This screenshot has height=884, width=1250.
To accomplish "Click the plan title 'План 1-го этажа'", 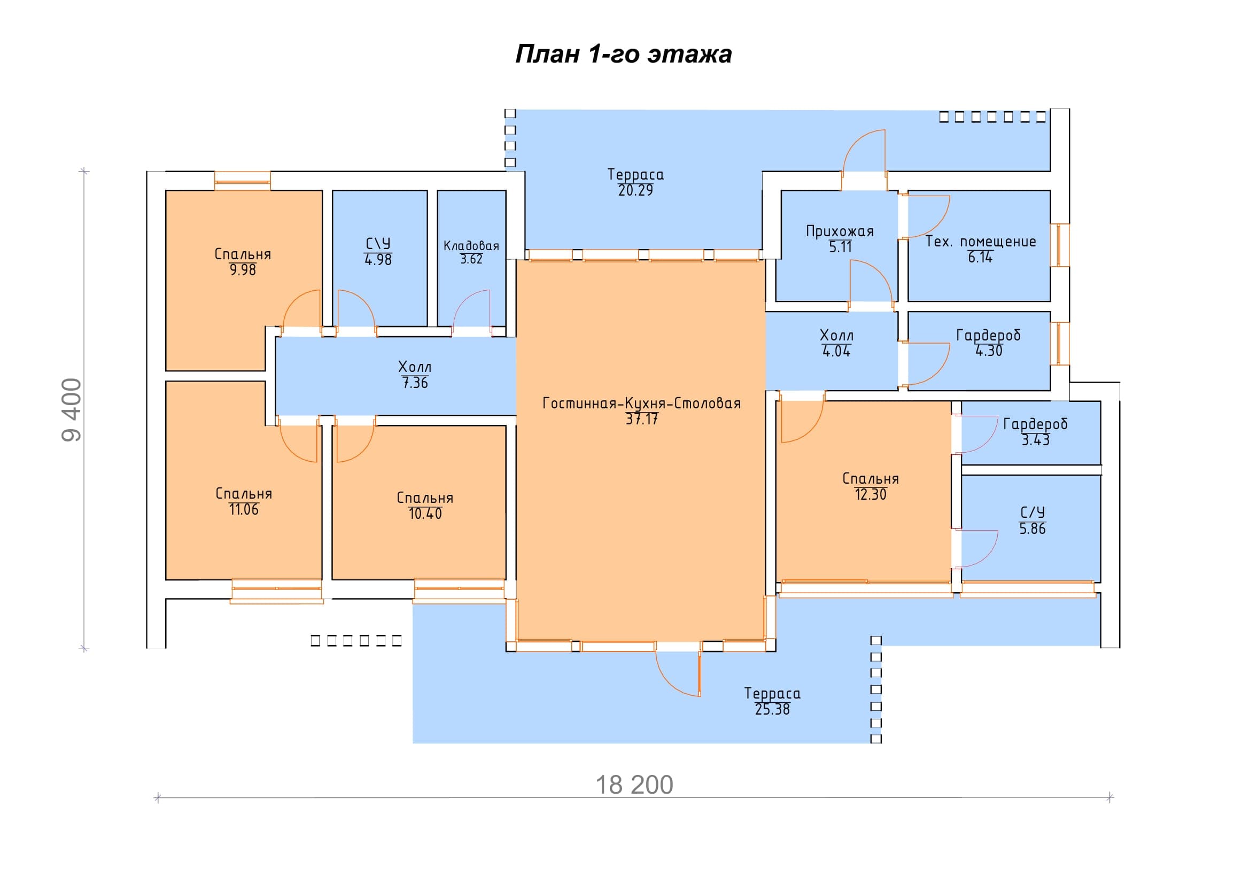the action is (623, 55).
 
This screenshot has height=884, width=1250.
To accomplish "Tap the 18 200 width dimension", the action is (634, 785).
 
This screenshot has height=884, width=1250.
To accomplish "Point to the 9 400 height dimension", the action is (72, 410).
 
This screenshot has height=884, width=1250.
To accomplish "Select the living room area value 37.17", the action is (642, 419).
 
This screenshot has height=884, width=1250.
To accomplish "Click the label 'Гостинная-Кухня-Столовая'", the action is (642, 404).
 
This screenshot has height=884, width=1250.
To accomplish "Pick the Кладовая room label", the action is (471, 246).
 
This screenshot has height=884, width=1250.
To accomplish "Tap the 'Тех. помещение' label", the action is (981, 242).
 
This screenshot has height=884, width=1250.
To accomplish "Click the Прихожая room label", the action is (840, 232).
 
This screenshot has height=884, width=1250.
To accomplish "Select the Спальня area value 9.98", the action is (243, 270).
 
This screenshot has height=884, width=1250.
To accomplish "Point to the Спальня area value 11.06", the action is (244, 509).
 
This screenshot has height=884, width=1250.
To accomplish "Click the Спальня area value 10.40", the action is (425, 514).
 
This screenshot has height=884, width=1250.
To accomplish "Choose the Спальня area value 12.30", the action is (871, 495).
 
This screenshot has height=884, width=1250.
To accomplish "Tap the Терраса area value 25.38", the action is (772, 710).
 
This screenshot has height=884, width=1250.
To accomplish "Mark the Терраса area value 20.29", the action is (635, 190).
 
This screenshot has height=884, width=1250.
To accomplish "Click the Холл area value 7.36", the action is (415, 383).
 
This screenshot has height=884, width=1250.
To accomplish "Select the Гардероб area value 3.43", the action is (1036, 440).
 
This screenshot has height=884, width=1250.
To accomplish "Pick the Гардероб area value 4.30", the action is (989, 351).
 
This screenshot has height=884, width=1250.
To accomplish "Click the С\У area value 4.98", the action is (378, 260).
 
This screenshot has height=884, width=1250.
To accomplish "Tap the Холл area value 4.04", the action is (836, 352).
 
